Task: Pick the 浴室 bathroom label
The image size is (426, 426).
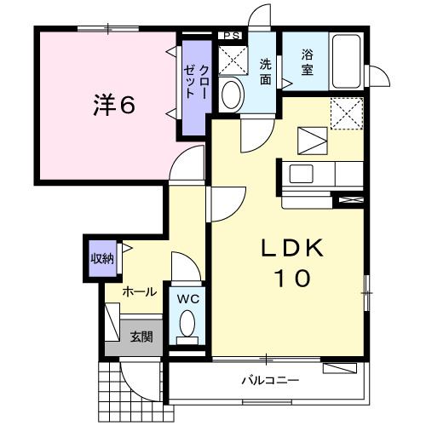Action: click(x=307, y=63)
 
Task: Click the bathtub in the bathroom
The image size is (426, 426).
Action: click(x=347, y=61)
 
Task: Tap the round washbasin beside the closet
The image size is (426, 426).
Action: click(x=230, y=95)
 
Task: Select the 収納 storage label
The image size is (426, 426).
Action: click(x=102, y=258)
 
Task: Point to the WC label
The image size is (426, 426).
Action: click(x=187, y=299)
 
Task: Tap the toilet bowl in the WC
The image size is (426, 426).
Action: click(x=187, y=325)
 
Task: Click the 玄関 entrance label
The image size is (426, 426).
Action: click(x=141, y=337)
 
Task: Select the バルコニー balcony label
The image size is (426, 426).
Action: click(x=268, y=380)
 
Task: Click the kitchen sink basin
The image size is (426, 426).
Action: click(x=302, y=174)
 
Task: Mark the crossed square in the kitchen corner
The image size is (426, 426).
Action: click(x=347, y=113)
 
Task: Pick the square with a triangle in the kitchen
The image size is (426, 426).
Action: click(x=310, y=139)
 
